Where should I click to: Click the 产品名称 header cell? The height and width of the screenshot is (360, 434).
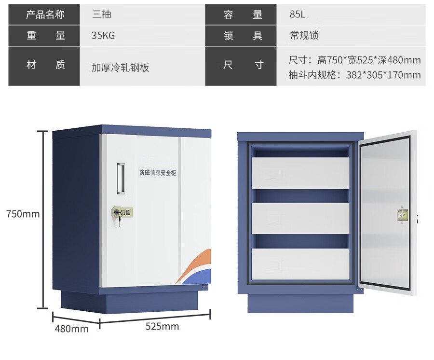[x=44, y=14]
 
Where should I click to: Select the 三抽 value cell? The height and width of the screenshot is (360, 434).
[x=102, y=14]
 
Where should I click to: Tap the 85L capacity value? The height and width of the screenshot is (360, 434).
[x=298, y=14]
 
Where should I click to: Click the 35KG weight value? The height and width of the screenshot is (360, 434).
[x=103, y=36]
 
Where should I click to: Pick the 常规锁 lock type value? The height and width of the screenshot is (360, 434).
[x=304, y=36]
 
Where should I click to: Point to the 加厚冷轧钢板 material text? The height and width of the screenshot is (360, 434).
[x=121, y=68]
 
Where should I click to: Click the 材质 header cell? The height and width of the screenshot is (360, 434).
[x=44, y=65]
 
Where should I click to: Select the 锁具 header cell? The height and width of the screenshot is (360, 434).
[x=243, y=36]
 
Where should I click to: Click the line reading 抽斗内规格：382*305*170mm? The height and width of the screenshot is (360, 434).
[x=354, y=75]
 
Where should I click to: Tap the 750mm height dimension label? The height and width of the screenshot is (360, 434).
[x=23, y=214]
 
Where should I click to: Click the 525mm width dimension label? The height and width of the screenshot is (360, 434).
[x=162, y=327]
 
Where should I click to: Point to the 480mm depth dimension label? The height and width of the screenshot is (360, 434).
[x=71, y=329]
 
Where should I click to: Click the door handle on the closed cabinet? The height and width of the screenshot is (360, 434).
[x=120, y=179]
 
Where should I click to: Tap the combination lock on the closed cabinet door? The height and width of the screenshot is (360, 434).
[x=123, y=212]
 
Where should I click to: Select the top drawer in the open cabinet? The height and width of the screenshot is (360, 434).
[x=300, y=172]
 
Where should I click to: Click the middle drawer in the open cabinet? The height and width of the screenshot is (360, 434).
[x=300, y=218]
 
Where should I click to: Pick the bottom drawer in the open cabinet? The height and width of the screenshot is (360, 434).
[x=300, y=263]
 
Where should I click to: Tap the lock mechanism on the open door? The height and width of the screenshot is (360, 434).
[x=402, y=216]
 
